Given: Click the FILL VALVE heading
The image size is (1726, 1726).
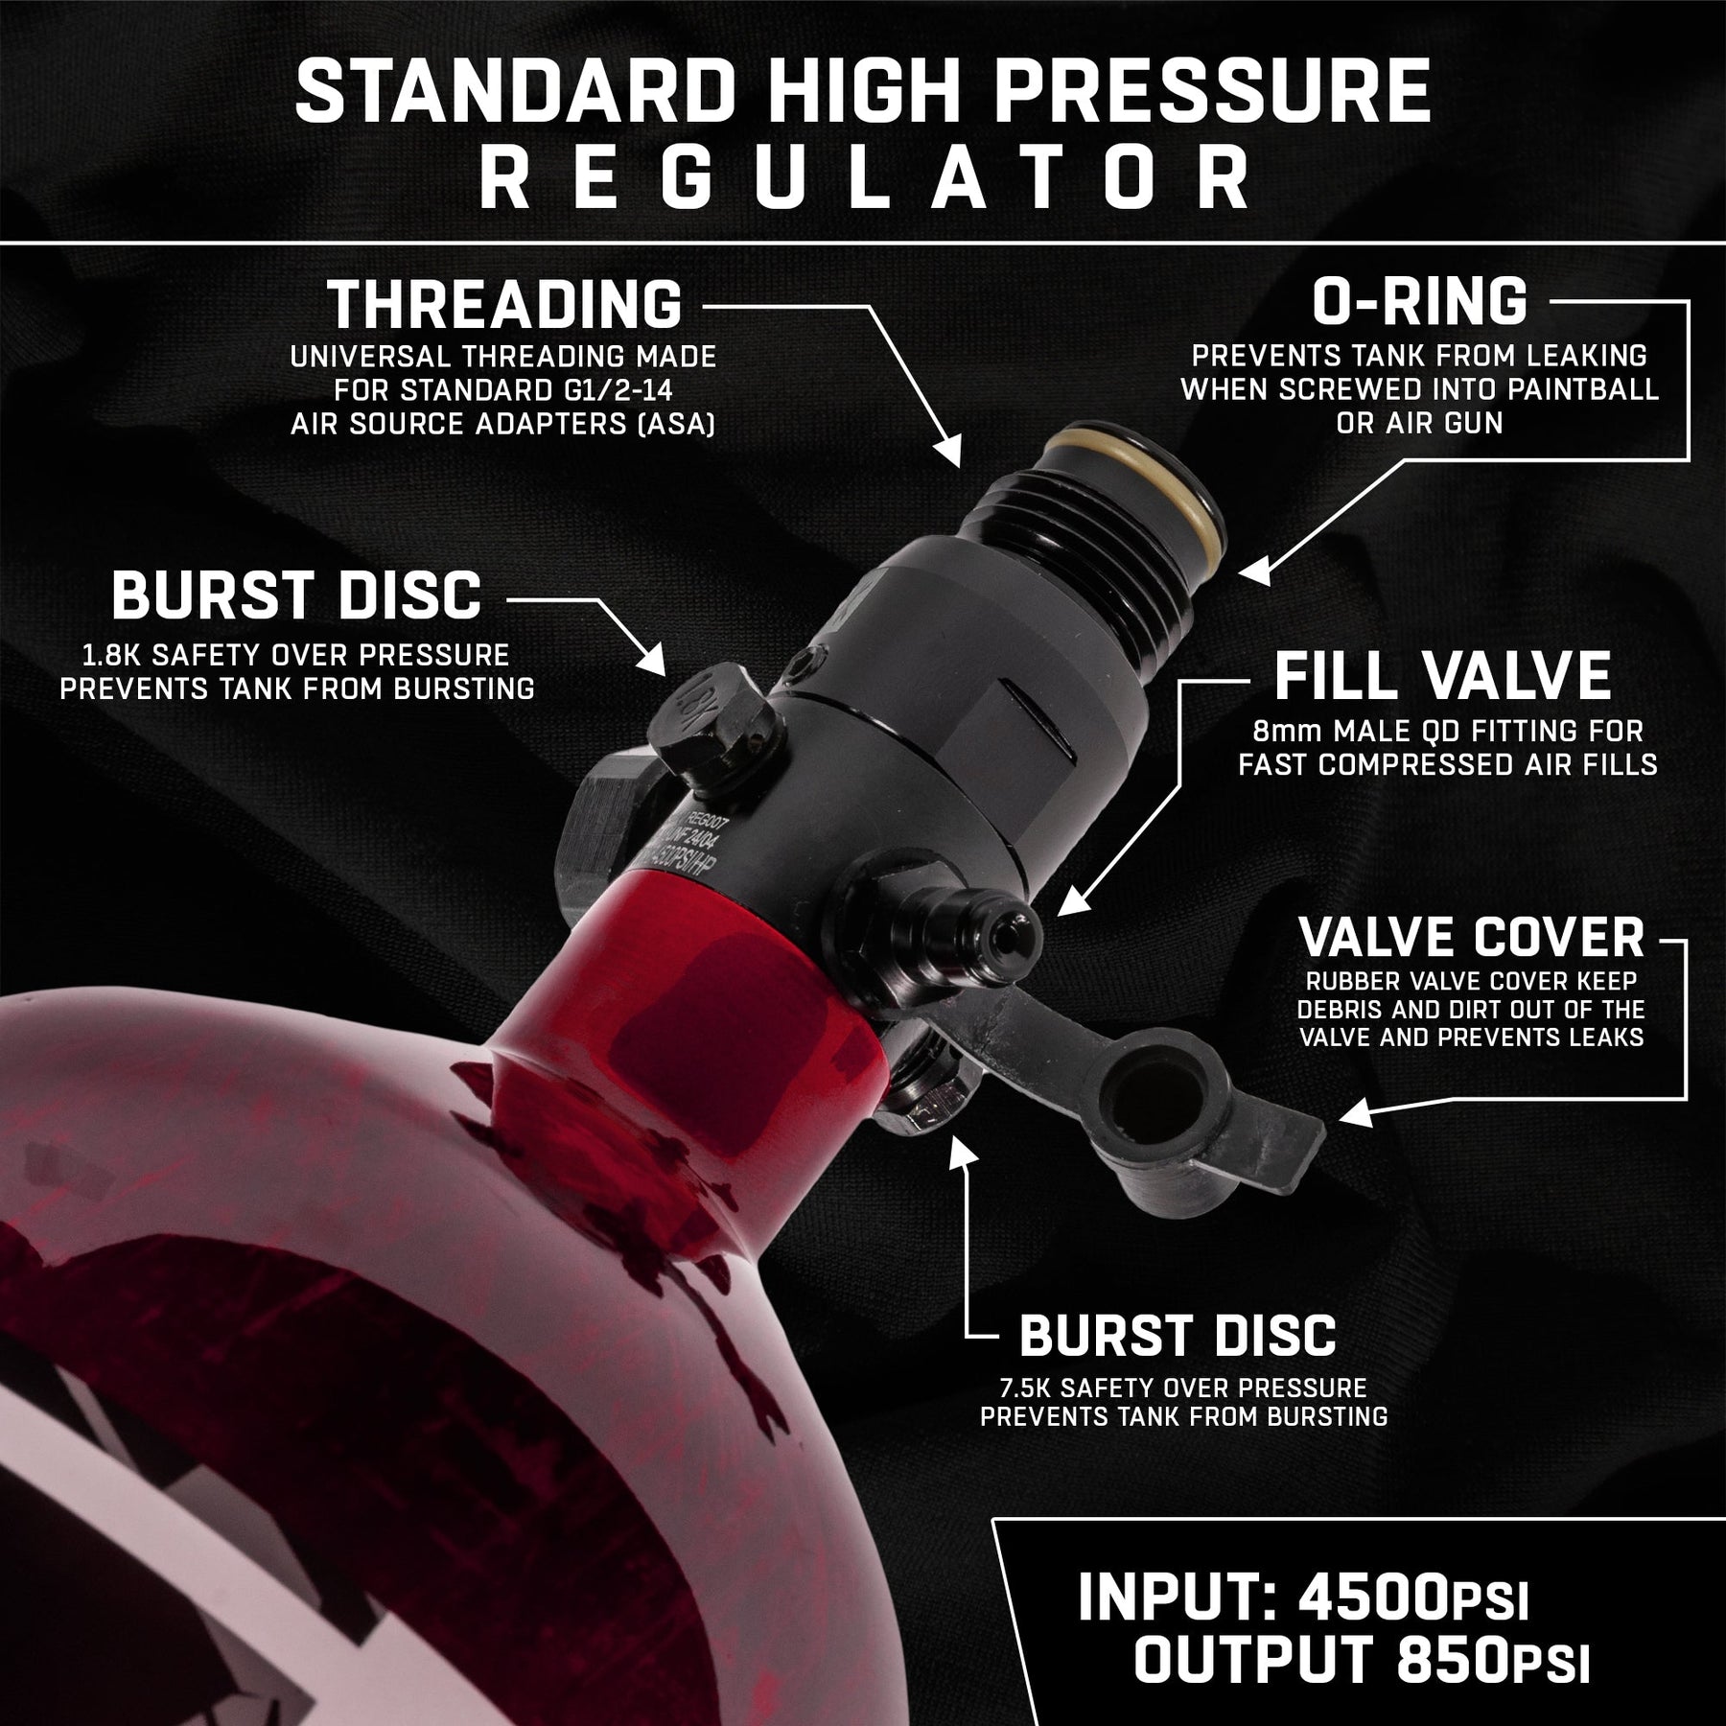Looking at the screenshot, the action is point(1443,675).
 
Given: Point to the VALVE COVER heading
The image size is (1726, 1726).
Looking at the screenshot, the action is point(1471,937).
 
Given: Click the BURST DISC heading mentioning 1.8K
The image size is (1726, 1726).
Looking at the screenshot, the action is point(296,595).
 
